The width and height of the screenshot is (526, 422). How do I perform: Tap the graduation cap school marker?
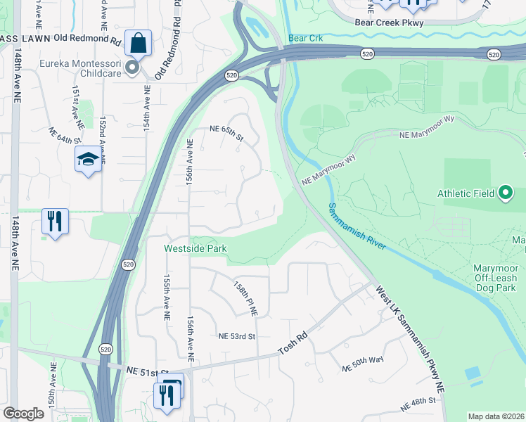pyautogui.click(x=88, y=160)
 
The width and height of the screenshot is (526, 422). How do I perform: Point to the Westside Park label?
pyautogui.click(x=195, y=248)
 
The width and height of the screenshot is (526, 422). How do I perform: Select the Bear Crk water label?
pyautogui.click(x=305, y=37)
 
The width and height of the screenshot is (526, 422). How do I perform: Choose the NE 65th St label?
pyautogui.click(x=226, y=129)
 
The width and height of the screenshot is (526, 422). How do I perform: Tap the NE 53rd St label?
pyautogui.click(x=236, y=337)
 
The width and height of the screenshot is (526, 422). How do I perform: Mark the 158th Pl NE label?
pyautogui.click(x=246, y=300)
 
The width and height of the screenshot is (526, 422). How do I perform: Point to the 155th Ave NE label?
pyautogui.click(x=167, y=298)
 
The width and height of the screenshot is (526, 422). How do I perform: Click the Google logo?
pyautogui.click(x=23, y=414)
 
